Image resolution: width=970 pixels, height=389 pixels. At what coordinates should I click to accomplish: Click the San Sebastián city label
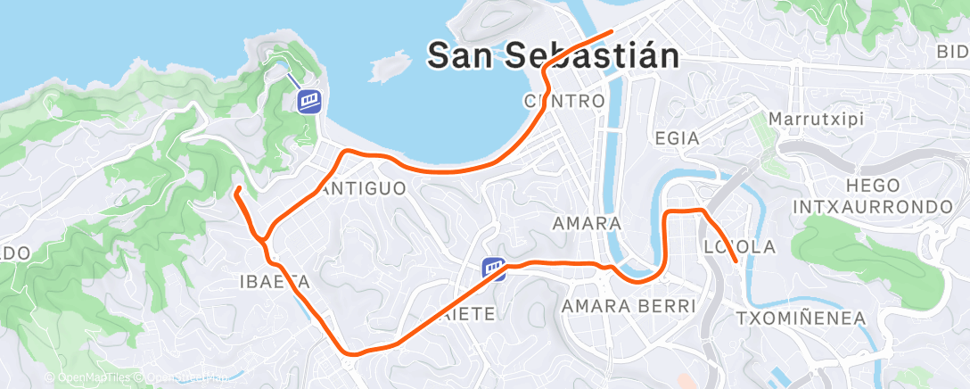click(x=553, y=56)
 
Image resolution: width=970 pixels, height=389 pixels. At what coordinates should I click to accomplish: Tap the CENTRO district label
click(x=565, y=100)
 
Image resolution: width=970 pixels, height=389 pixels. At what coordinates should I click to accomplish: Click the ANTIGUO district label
click(x=362, y=188)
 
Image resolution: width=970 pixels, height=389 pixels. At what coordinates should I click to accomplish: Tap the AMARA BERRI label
click(x=628, y=306)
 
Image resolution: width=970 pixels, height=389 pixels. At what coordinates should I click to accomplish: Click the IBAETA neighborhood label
click(x=274, y=282)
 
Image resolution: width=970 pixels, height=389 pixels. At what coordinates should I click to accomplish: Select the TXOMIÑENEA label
click(x=801, y=318)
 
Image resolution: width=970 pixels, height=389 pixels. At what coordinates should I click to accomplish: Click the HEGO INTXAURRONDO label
click(x=872, y=195)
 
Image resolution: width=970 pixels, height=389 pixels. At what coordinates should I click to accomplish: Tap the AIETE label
click(x=467, y=313)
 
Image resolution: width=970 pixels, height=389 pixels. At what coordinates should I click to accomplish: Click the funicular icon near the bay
click(x=309, y=100)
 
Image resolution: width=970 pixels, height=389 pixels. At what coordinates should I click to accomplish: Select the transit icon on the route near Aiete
click(x=494, y=268)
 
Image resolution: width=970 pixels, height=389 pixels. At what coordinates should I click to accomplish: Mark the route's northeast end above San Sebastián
click(x=612, y=32)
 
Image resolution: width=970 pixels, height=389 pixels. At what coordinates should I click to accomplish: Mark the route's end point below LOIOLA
click(x=734, y=261)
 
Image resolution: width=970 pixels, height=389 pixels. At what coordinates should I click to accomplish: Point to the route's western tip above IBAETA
click(x=236, y=189)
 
